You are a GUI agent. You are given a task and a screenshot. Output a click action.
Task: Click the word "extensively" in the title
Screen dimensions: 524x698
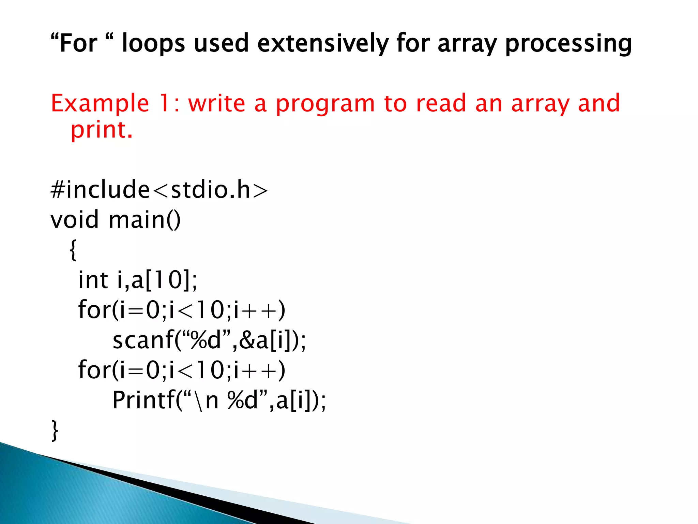[x=322, y=43]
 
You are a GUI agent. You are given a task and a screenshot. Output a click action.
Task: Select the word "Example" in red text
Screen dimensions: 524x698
[x=100, y=104]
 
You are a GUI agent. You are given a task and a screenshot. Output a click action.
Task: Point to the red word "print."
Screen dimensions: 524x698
[x=101, y=130]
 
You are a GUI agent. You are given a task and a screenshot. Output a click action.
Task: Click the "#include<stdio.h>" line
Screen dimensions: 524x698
[x=159, y=190]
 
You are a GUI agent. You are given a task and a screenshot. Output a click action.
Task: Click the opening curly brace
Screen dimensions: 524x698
[x=73, y=250]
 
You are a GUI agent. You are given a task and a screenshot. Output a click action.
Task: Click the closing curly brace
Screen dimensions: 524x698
[x=55, y=431]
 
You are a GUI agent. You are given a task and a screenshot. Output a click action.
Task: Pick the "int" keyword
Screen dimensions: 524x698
[x=93, y=280]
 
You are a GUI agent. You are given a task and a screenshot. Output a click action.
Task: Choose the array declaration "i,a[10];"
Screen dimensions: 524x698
[x=157, y=280]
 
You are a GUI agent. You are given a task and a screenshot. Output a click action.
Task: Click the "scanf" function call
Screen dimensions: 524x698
[x=209, y=340]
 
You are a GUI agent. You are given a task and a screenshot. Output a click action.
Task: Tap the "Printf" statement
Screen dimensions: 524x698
[x=219, y=400]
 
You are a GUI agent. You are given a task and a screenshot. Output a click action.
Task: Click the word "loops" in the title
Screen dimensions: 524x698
[x=153, y=44]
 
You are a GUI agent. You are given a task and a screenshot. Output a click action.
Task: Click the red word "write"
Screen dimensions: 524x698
[x=216, y=104]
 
